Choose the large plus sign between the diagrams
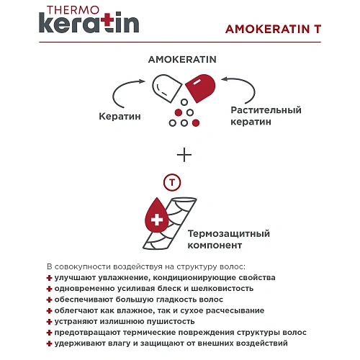[185, 154]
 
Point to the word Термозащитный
[228, 234]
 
